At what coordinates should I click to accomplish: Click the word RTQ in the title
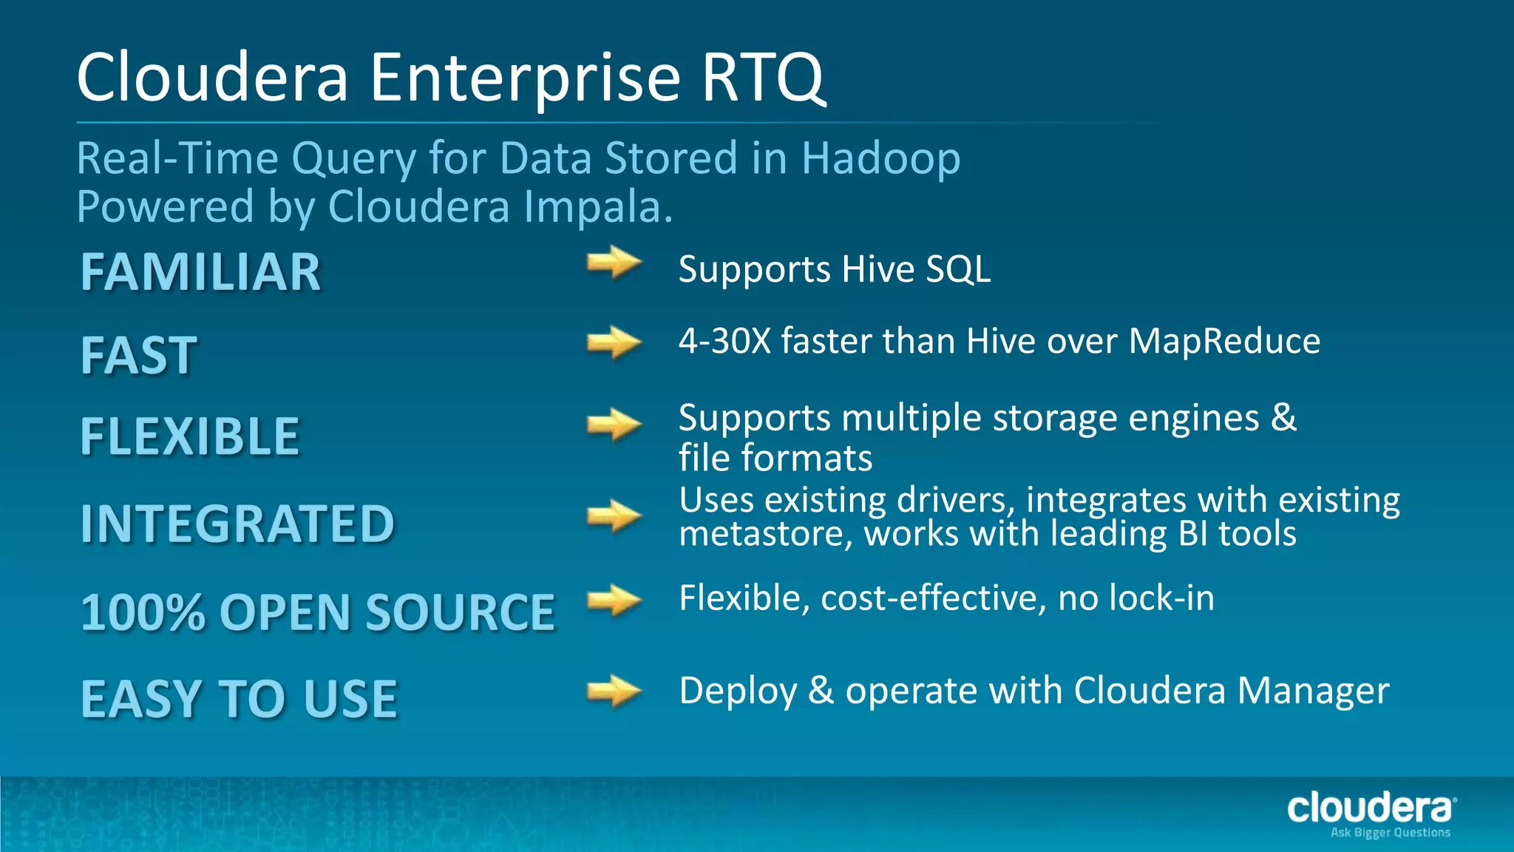click(x=763, y=78)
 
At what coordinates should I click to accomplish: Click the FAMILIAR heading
click(x=200, y=272)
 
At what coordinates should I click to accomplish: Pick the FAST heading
click(x=139, y=356)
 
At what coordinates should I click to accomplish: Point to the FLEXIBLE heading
click(x=190, y=436)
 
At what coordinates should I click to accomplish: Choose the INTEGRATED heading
click(x=237, y=524)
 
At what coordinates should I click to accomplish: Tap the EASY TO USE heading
click(x=239, y=699)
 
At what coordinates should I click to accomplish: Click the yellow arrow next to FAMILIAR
click(x=614, y=263)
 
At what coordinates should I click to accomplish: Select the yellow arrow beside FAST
click(x=614, y=342)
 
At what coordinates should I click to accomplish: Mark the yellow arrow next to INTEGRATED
click(x=614, y=515)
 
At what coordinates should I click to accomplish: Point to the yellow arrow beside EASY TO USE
click(x=614, y=692)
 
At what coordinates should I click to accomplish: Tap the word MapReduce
click(x=1224, y=342)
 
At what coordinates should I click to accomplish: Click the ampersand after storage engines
click(x=1283, y=418)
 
